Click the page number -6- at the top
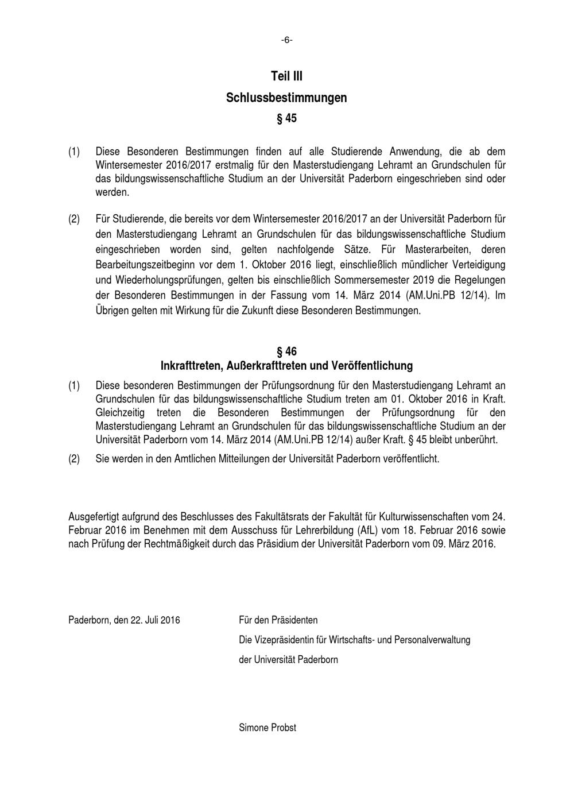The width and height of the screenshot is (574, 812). click(286, 40)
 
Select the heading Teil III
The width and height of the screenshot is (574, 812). click(286, 76)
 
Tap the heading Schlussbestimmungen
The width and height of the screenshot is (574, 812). click(286, 98)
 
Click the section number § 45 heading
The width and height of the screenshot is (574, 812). click(286, 119)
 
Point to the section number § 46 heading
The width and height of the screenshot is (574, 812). click(286, 351)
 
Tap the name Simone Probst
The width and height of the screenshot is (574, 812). click(267, 728)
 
